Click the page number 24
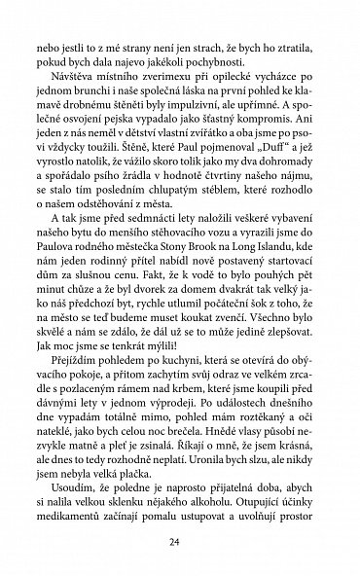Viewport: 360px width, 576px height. click(180, 542)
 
